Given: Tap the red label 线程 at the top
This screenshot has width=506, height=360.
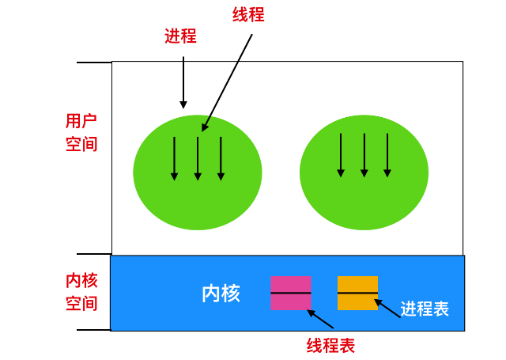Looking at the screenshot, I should [x=248, y=16].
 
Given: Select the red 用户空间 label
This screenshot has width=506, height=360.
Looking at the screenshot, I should [x=81, y=132].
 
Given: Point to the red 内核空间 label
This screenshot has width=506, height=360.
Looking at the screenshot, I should [x=81, y=292].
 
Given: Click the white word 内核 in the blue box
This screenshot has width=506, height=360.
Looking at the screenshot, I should [x=221, y=294].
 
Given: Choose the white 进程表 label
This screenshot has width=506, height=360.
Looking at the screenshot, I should [x=425, y=309].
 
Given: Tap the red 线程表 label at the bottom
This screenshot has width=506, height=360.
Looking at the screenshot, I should [x=330, y=345].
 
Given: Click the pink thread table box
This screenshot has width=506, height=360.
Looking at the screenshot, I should [x=290, y=293].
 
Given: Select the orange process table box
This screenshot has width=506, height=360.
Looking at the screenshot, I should [x=357, y=293].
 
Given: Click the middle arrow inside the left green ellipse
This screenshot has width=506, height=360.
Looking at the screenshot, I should [x=198, y=158].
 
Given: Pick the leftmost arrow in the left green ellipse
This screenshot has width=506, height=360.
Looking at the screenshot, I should [x=174, y=158].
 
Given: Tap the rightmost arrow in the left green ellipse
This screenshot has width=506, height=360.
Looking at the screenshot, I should [x=221, y=158].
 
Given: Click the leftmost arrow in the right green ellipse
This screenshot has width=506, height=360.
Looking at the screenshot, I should [x=341, y=155].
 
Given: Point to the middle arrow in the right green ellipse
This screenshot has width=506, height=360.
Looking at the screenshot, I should [x=364, y=155].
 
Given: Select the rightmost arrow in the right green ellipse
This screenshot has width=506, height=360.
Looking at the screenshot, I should [x=387, y=155].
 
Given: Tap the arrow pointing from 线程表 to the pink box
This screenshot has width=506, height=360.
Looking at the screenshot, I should [x=320, y=319].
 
